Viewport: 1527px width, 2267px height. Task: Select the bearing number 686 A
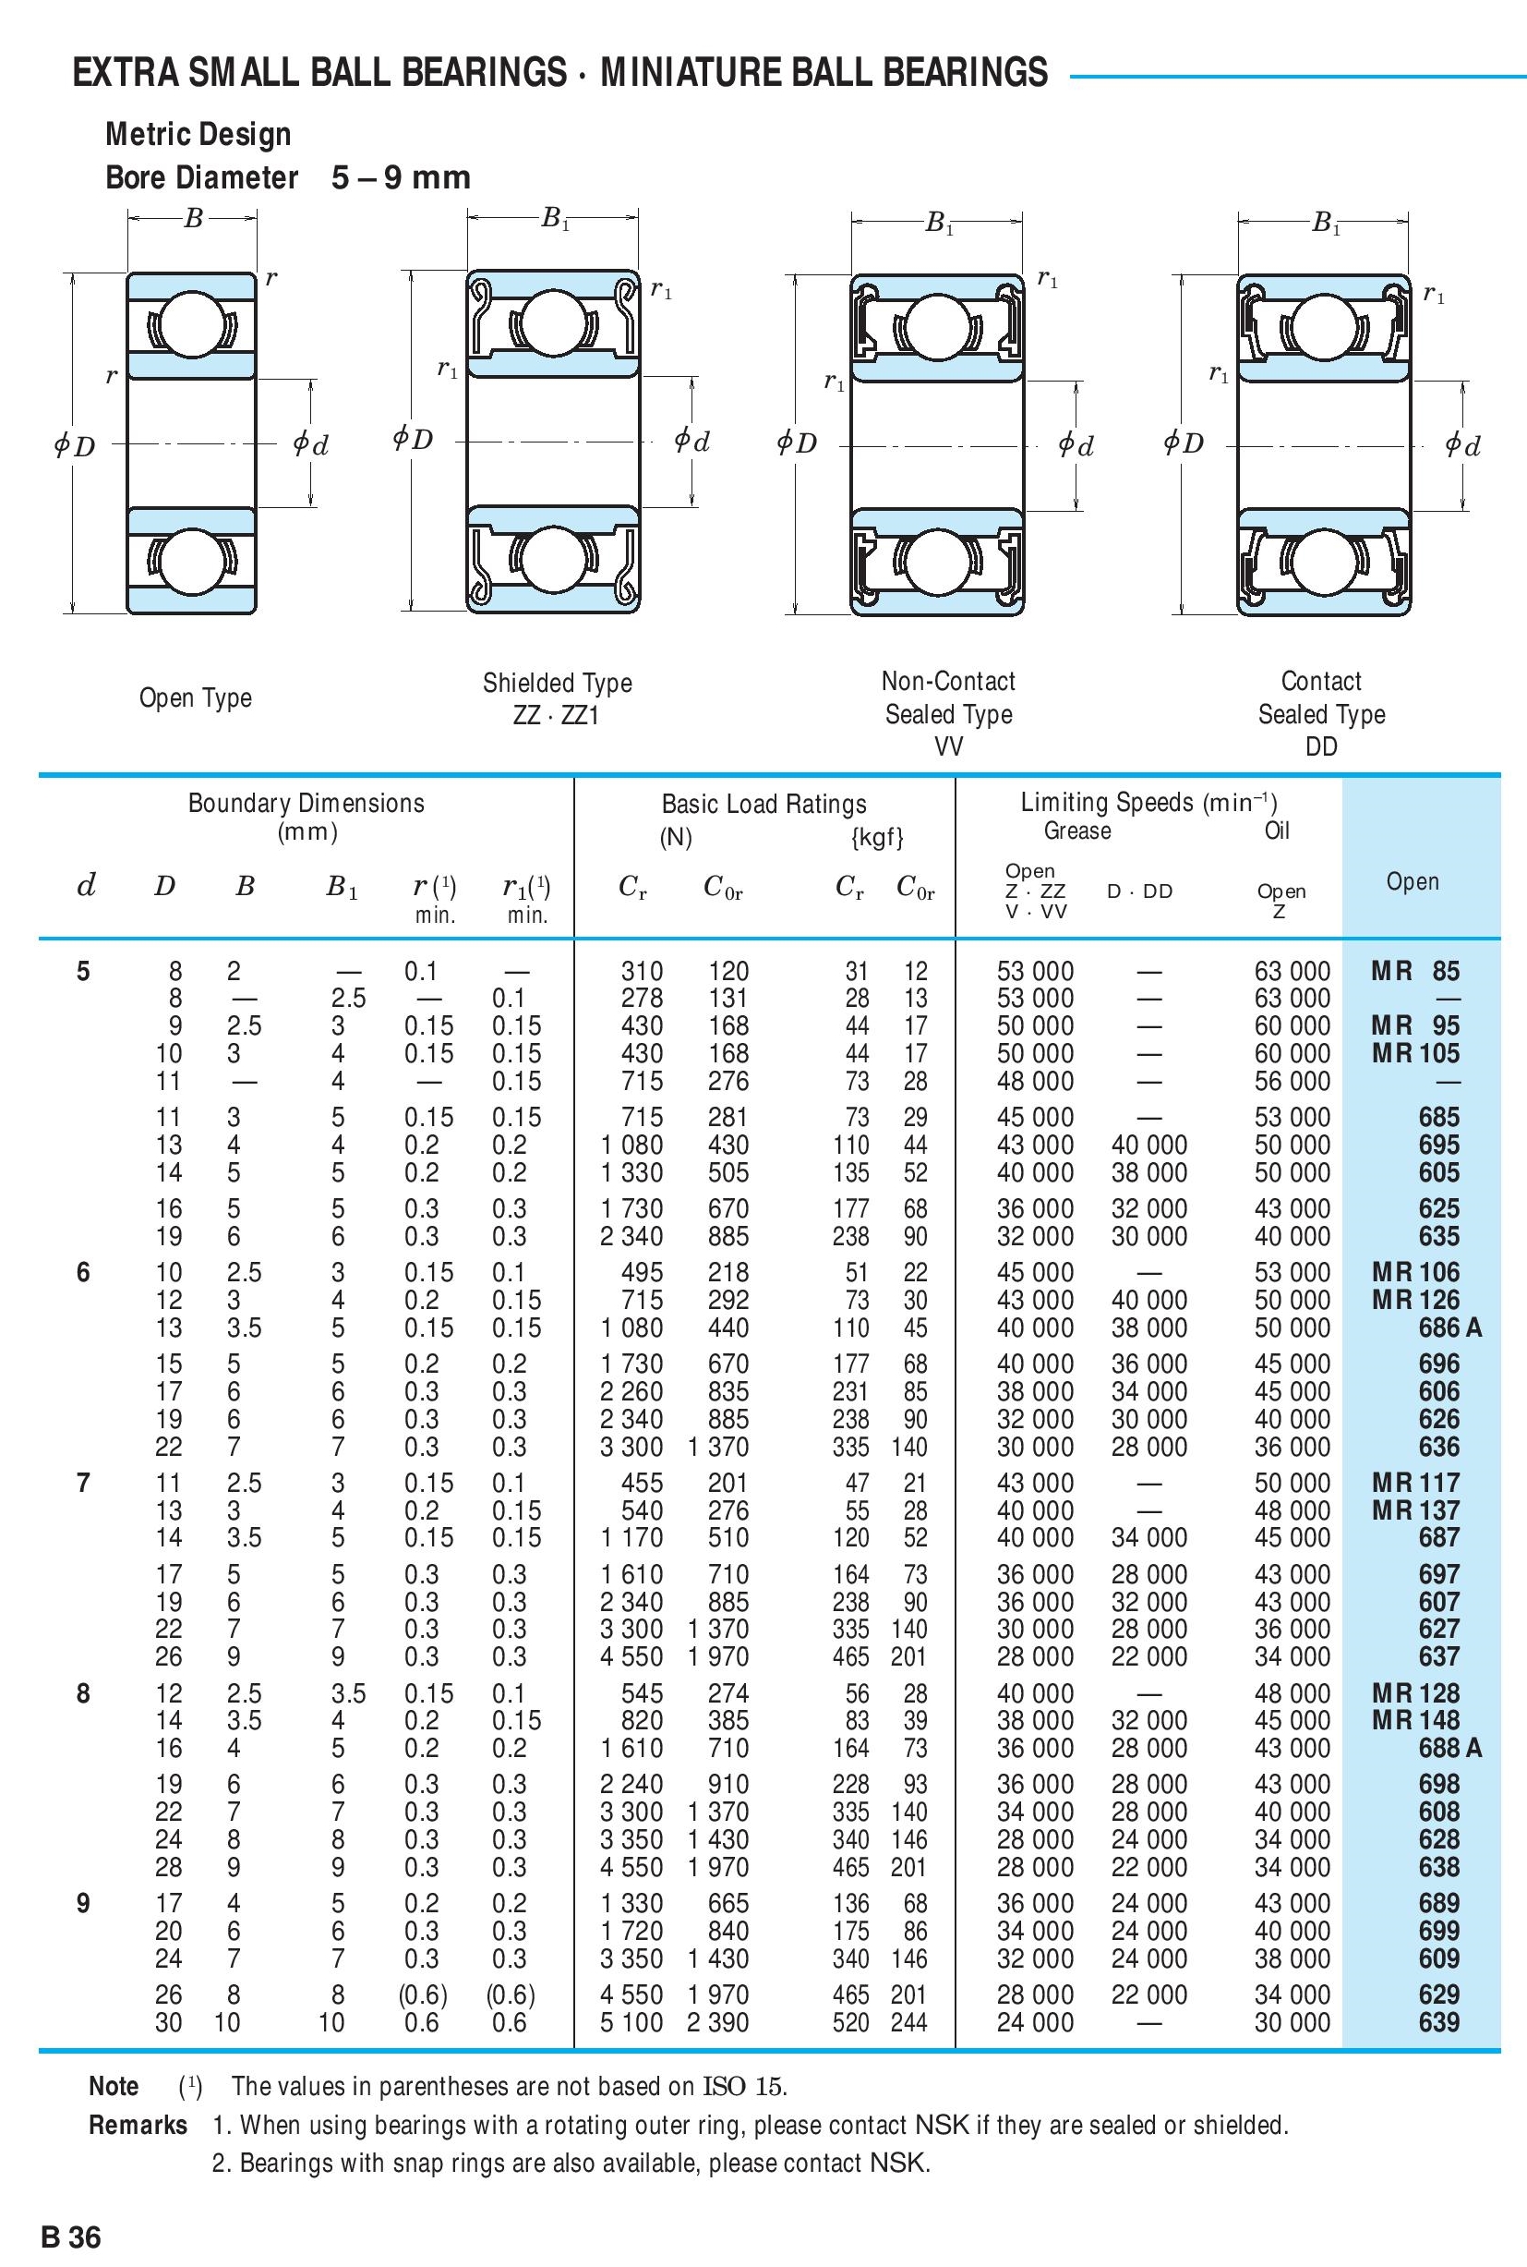[1449, 1327]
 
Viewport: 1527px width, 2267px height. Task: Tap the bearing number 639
[1438, 2022]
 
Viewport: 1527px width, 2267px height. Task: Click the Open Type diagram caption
[195, 697]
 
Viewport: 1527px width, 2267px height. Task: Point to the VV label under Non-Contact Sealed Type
[947, 746]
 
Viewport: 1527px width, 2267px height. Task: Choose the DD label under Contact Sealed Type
[1320, 746]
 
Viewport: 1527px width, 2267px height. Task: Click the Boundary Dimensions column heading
[306, 804]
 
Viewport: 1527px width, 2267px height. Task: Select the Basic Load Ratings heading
[763, 804]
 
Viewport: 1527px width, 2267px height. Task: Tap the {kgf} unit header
[877, 837]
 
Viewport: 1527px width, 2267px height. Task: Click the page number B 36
[71, 2210]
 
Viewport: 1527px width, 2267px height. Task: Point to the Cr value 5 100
[631, 2022]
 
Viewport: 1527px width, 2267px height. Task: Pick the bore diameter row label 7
[83, 1483]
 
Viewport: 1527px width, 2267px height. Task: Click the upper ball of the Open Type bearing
[192, 325]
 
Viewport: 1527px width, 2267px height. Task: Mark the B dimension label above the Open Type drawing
[193, 219]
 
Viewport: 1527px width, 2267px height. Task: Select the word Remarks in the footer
[138, 2125]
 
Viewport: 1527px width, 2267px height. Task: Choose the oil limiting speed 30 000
[1292, 2022]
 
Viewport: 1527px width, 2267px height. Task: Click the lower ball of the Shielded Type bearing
[554, 560]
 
